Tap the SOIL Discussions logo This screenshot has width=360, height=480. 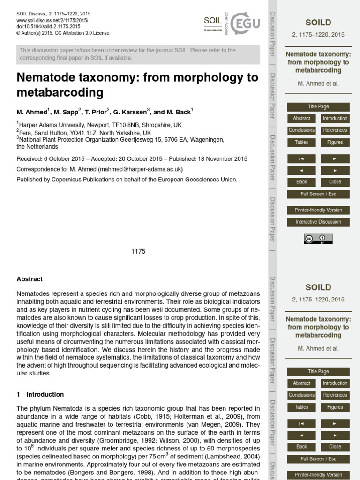tap(213, 22)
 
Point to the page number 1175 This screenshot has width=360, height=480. tap(138, 251)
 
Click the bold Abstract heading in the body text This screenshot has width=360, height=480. tap(30, 279)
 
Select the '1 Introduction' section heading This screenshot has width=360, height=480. tap(40, 394)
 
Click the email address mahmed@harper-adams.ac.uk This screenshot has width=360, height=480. tap(140, 169)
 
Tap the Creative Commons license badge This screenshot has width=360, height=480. tap(318, 239)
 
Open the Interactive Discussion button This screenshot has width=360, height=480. tap(318, 222)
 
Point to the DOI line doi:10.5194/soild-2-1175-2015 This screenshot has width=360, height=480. tap(48, 27)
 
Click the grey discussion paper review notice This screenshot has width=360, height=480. tap(138, 54)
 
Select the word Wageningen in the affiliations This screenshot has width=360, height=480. tap(206, 139)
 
